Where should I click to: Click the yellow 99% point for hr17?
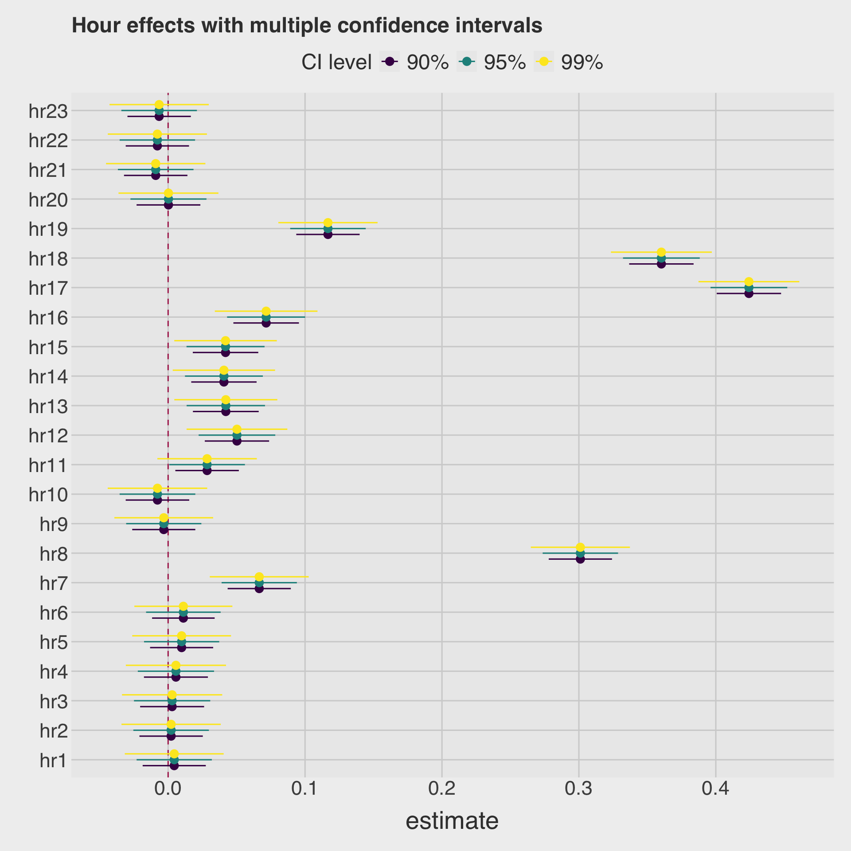click(x=749, y=281)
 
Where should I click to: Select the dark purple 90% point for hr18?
click(x=661, y=264)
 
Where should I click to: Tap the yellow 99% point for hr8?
click(x=580, y=547)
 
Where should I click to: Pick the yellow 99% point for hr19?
click(x=328, y=223)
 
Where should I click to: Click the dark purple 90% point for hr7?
click(x=259, y=589)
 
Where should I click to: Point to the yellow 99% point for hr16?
click(x=266, y=311)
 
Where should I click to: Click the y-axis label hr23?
click(x=48, y=111)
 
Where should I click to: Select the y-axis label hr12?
click(x=48, y=436)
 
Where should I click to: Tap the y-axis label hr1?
click(x=54, y=761)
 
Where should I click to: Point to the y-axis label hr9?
click(x=54, y=525)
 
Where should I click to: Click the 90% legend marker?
click(x=390, y=62)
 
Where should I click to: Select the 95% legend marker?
click(x=467, y=62)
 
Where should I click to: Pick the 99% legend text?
click(x=582, y=62)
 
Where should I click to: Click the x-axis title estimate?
click(x=452, y=821)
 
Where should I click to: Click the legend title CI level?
click(x=336, y=62)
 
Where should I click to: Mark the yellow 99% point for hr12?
click(x=237, y=429)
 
